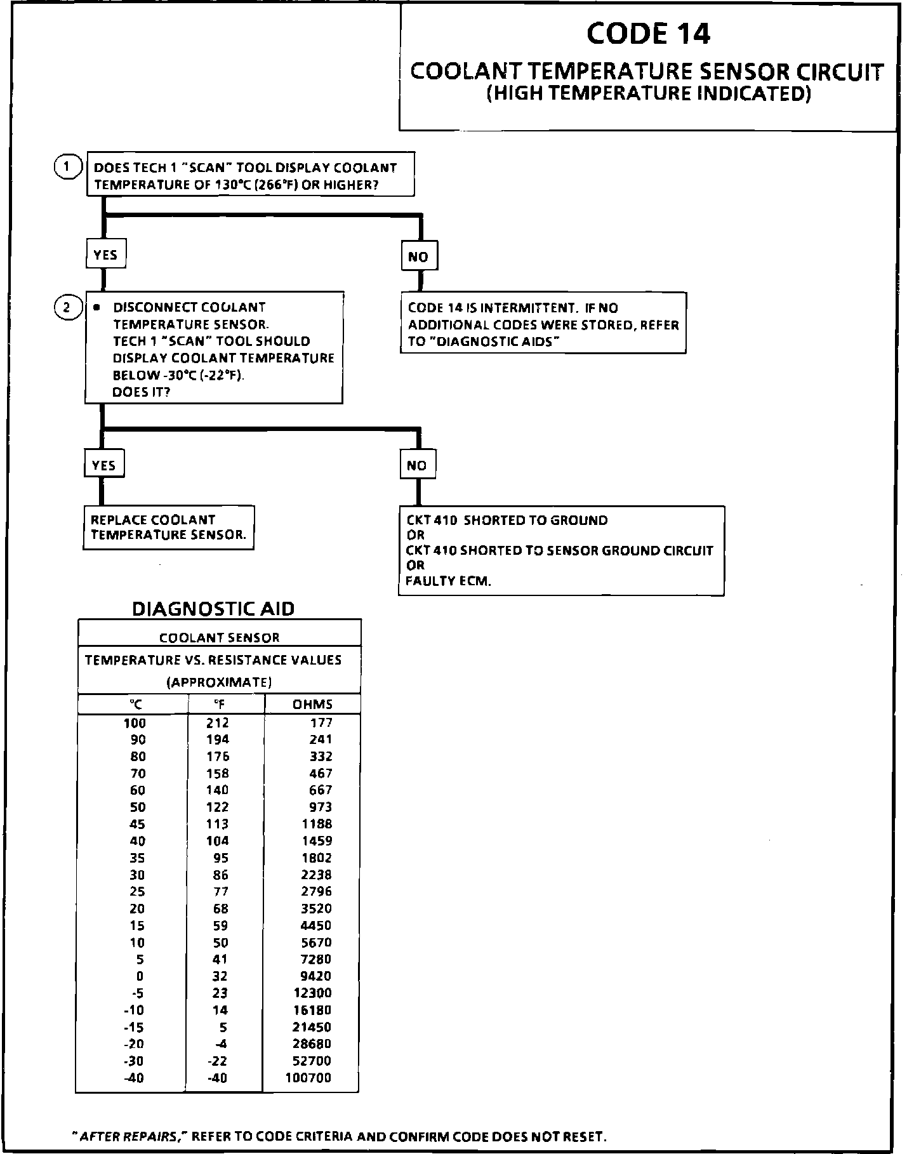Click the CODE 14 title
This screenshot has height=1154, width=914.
[648, 34]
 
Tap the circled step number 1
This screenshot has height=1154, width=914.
[66, 168]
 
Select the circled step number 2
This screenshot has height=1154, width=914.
[66, 308]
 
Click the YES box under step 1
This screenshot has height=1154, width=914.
[105, 255]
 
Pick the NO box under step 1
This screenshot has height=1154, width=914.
[418, 257]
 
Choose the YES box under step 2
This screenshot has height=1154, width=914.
[103, 465]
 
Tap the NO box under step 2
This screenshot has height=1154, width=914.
[417, 465]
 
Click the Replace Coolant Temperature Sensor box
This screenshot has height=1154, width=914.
[168, 527]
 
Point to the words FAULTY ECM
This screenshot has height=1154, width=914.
[448, 581]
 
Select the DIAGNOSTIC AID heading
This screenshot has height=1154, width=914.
[213, 609]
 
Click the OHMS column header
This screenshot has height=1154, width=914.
[312, 704]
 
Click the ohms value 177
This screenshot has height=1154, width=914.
[321, 722]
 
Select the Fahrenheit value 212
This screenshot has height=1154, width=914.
[218, 722]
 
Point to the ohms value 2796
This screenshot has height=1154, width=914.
[316, 891]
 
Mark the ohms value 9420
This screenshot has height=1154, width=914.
[316, 976]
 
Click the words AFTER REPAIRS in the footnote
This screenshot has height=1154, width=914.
[131, 1136]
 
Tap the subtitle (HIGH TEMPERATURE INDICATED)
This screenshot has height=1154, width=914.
[648, 94]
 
